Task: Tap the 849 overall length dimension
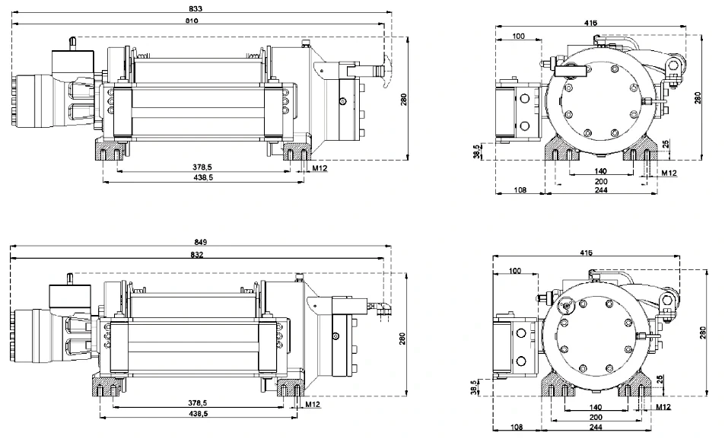click(x=202, y=241)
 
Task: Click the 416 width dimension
click(x=590, y=23)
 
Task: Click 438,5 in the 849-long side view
click(x=201, y=412)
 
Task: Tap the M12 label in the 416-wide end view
click(x=669, y=173)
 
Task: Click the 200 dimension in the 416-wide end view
click(x=601, y=183)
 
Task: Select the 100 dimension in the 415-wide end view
click(x=515, y=271)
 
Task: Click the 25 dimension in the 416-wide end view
click(x=666, y=144)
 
